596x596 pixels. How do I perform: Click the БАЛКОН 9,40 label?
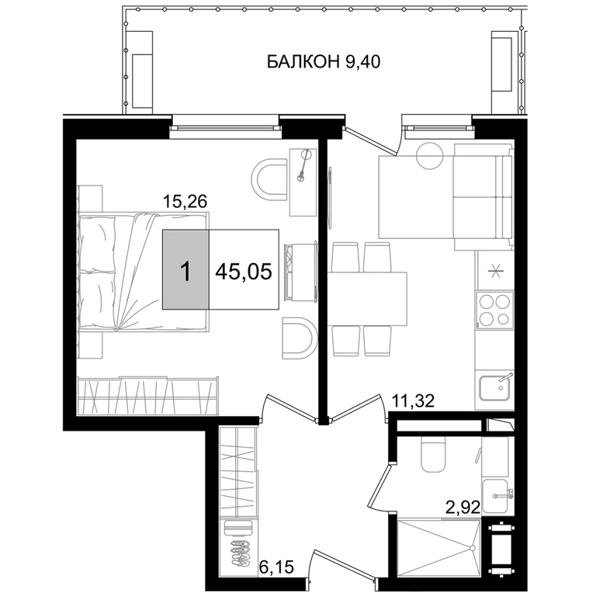(x=324, y=61)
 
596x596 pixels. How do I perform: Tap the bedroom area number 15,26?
(x=185, y=201)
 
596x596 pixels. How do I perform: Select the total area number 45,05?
(x=244, y=272)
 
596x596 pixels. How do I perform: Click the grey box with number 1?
(x=185, y=269)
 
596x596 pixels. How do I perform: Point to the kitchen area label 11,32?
(x=413, y=400)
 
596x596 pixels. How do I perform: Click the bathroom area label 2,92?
(x=463, y=507)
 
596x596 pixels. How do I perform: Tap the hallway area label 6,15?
(x=277, y=567)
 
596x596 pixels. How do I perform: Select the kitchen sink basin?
(x=494, y=388)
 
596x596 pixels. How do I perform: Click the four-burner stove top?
(x=494, y=310)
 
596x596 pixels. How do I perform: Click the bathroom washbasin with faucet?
(x=495, y=496)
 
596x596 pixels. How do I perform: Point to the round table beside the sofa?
(x=430, y=155)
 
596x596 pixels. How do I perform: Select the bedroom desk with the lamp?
(x=303, y=182)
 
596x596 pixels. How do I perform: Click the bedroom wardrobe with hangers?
(x=148, y=396)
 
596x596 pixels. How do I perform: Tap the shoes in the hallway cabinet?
(x=241, y=550)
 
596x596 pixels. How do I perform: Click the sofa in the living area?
(x=483, y=197)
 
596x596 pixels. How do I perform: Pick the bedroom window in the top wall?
(x=226, y=127)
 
